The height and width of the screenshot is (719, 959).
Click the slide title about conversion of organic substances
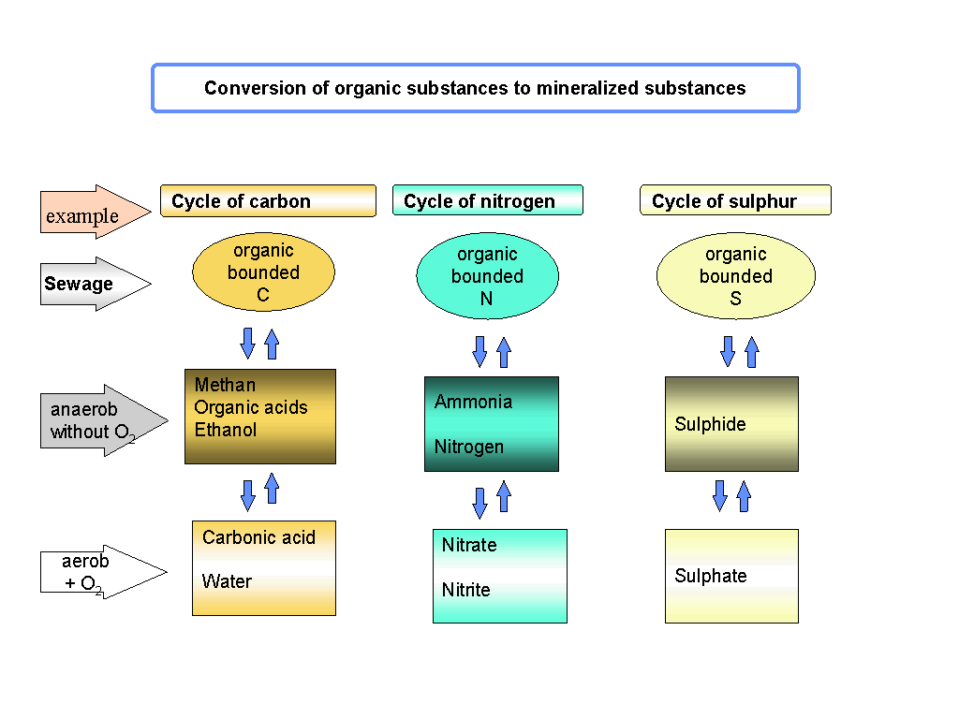point(475,89)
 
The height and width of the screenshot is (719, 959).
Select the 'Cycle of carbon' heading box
point(268,201)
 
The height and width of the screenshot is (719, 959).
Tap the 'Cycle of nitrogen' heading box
point(487,201)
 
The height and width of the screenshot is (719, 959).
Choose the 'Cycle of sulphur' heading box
point(735,201)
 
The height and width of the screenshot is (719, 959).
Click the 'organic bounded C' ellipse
point(263,272)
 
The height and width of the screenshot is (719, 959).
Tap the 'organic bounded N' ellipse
point(487,276)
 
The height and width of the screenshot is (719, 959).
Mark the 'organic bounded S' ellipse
point(735,276)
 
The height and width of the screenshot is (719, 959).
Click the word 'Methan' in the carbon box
point(225,385)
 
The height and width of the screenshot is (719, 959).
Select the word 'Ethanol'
point(226,430)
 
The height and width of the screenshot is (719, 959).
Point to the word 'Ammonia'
point(473,402)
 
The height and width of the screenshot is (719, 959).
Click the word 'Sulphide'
point(710,424)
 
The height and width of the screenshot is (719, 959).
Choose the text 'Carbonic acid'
point(258,537)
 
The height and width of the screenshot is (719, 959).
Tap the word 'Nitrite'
point(465,590)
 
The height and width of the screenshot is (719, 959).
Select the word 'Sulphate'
point(710,576)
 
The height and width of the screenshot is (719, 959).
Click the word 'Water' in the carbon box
point(227,581)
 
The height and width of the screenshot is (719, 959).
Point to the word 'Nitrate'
point(469,545)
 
